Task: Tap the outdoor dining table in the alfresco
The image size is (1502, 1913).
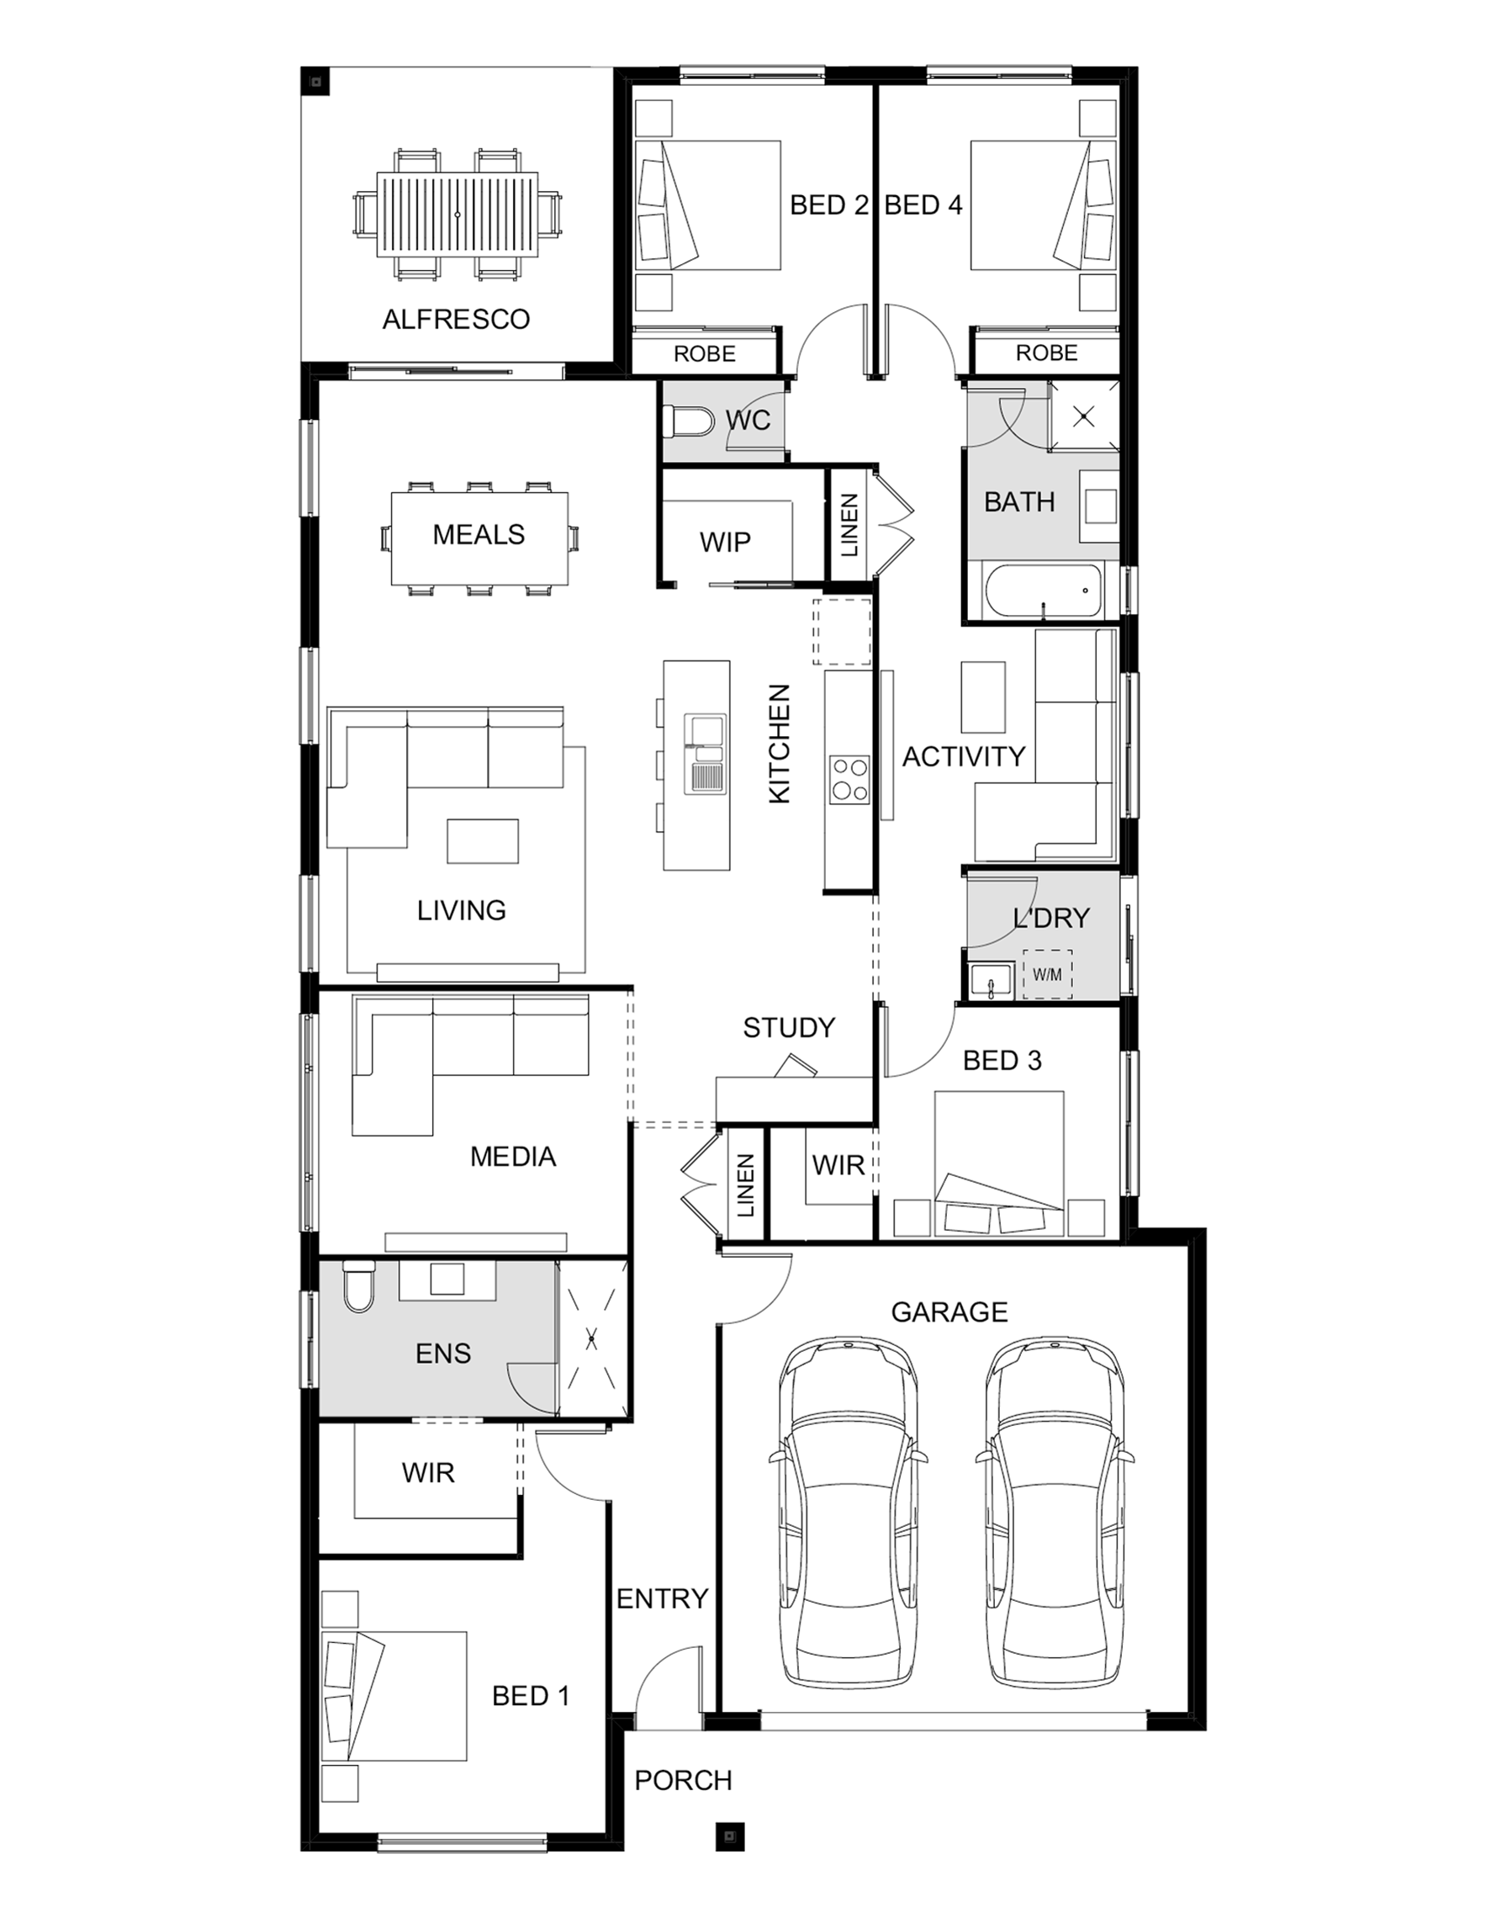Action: pos(458,215)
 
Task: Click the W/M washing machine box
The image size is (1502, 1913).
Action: pos(1047,973)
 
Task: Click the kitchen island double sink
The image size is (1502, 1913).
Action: pos(706,754)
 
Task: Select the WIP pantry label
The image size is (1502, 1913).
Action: pos(726,542)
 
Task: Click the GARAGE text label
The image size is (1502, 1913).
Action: pos(949,1312)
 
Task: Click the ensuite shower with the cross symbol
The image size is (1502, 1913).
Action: pos(592,1339)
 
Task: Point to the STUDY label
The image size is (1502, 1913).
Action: pos(789,1027)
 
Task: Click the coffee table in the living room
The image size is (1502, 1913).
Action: pos(483,841)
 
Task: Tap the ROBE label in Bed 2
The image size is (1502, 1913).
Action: pos(705,353)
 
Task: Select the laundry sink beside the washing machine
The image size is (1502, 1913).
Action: pos(992,981)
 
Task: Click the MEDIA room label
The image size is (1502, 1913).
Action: pos(514,1156)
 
